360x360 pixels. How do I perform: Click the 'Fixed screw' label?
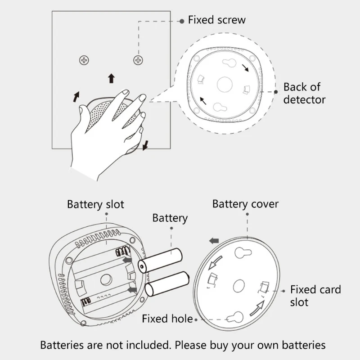[216, 20]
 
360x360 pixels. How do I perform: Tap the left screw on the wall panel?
[84, 60]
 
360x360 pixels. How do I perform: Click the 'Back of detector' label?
[304, 93]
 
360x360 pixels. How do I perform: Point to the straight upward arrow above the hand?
[111, 78]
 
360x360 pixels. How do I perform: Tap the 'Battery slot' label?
[95, 204]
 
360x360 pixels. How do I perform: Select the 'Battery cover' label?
[245, 204]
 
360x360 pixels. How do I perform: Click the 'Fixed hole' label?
[167, 319]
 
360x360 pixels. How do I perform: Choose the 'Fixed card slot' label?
[315, 295]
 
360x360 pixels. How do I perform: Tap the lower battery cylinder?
[166, 283]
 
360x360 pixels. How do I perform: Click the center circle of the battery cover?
[239, 285]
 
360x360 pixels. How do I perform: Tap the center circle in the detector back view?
[224, 83]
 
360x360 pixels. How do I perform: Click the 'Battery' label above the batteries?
[170, 218]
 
